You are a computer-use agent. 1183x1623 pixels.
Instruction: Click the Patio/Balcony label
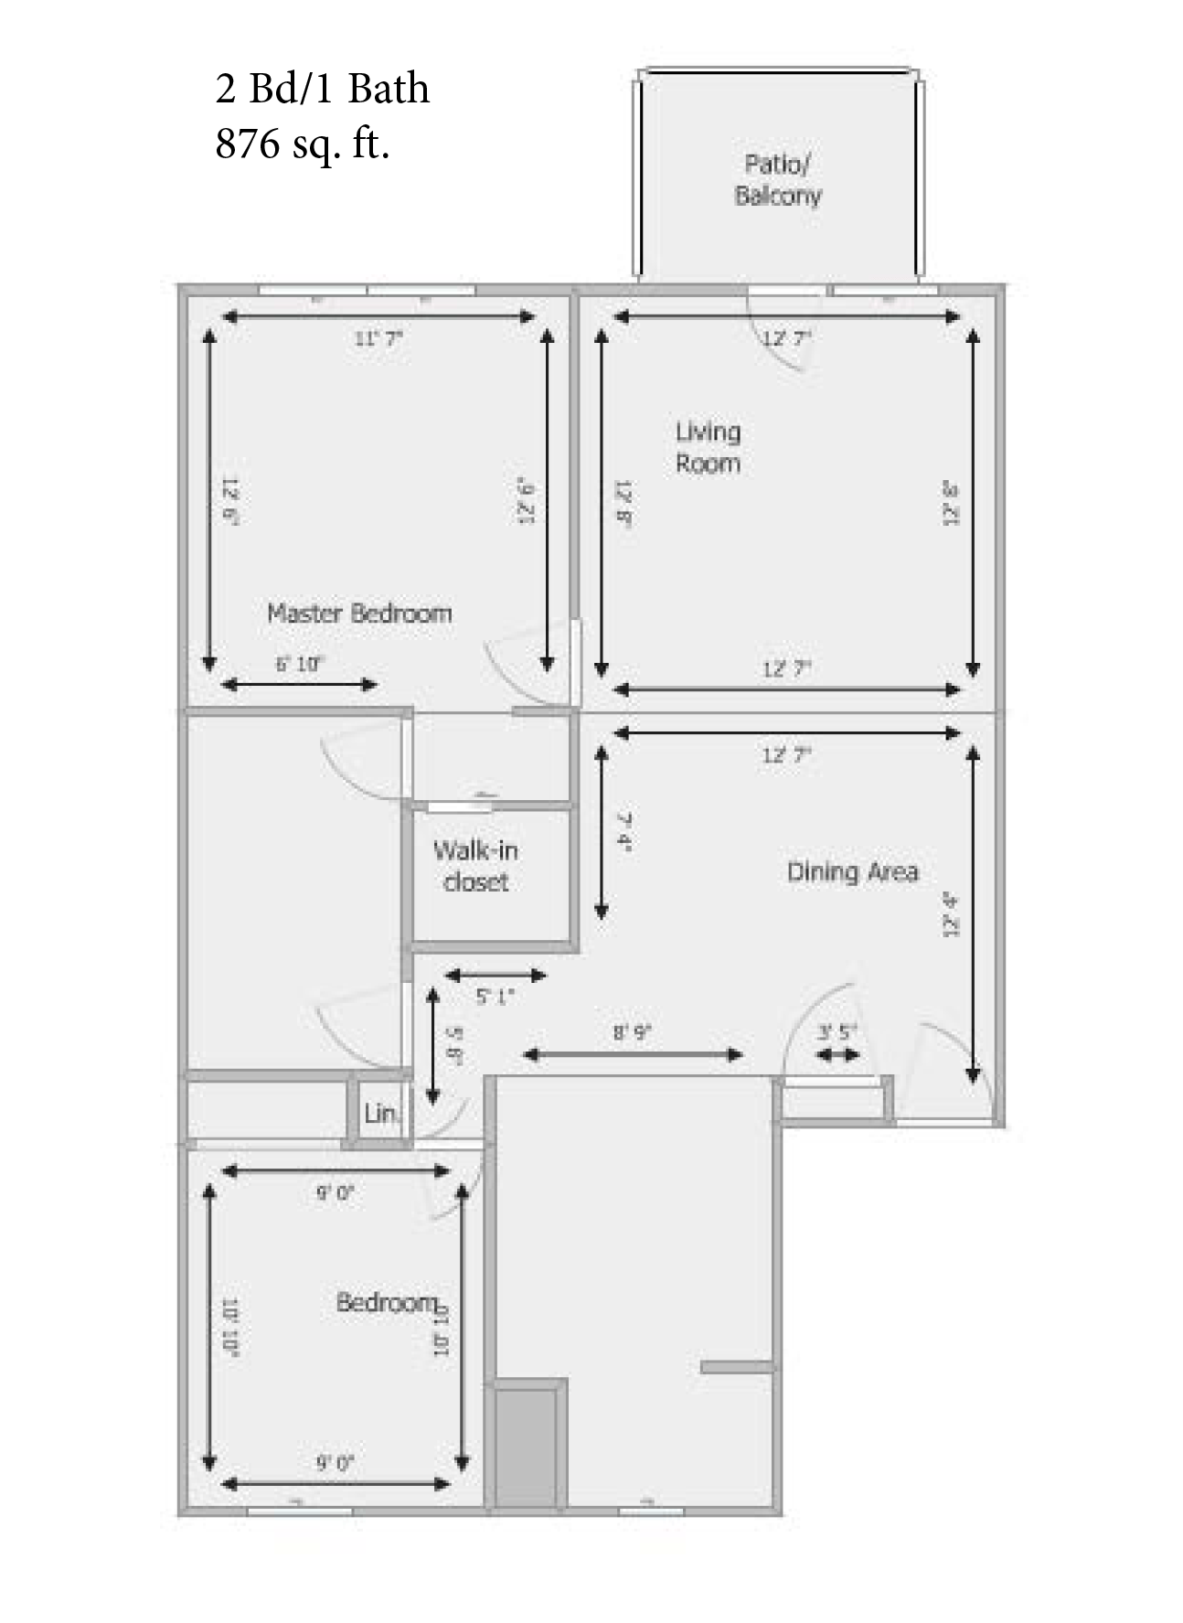click(x=778, y=180)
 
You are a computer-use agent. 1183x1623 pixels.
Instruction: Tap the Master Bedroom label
click(x=359, y=613)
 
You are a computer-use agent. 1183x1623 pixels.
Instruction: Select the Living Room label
click(x=708, y=447)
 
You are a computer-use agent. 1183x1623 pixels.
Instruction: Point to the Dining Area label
click(x=852, y=871)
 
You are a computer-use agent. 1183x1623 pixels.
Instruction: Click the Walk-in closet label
click(x=475, y=866)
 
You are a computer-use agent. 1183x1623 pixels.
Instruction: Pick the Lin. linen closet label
click(x=380, y=1114)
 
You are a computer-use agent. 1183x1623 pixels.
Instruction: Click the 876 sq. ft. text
click(x=303, y=143)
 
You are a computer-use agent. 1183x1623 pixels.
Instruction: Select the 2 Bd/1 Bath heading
click(x=322, y=89)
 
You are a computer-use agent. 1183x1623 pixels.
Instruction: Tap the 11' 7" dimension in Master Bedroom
click(x=378, y=338)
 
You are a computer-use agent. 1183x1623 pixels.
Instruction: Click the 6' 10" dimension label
click(x=300, y=665)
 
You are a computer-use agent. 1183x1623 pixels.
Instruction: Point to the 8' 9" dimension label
click(x=632, y=1033)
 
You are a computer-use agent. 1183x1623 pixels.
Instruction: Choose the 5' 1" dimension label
click(x=495, y=996)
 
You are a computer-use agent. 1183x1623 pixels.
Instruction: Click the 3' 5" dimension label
click(x=837, y=1033)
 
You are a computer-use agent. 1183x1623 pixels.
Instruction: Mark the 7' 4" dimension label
click(x=624, y=831)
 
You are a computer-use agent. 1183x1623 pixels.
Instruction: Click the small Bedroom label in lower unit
click(x=387, y=1302)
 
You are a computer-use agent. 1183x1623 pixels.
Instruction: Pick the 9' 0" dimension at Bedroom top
click(x=335, y=1192)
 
